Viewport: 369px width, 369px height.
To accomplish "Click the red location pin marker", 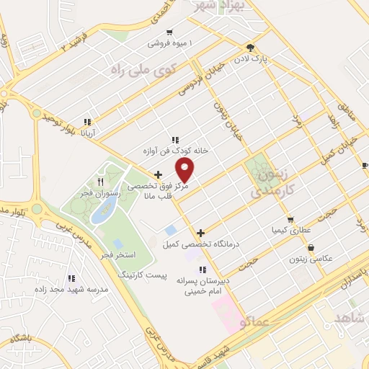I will [185, 169].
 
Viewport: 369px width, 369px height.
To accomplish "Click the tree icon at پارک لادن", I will [250, 45].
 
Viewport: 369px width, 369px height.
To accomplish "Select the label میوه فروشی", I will [167, 43].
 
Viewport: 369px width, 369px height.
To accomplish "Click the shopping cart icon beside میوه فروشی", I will [169, 32].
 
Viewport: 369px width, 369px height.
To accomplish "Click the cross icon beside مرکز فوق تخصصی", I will [159, 174].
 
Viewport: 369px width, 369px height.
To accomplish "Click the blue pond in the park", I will [105, 210].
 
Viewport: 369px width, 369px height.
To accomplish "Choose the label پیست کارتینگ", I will [142, 275].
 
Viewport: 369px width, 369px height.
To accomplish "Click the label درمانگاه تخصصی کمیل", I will [200, 245].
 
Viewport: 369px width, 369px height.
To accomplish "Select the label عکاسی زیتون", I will [311, 259].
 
